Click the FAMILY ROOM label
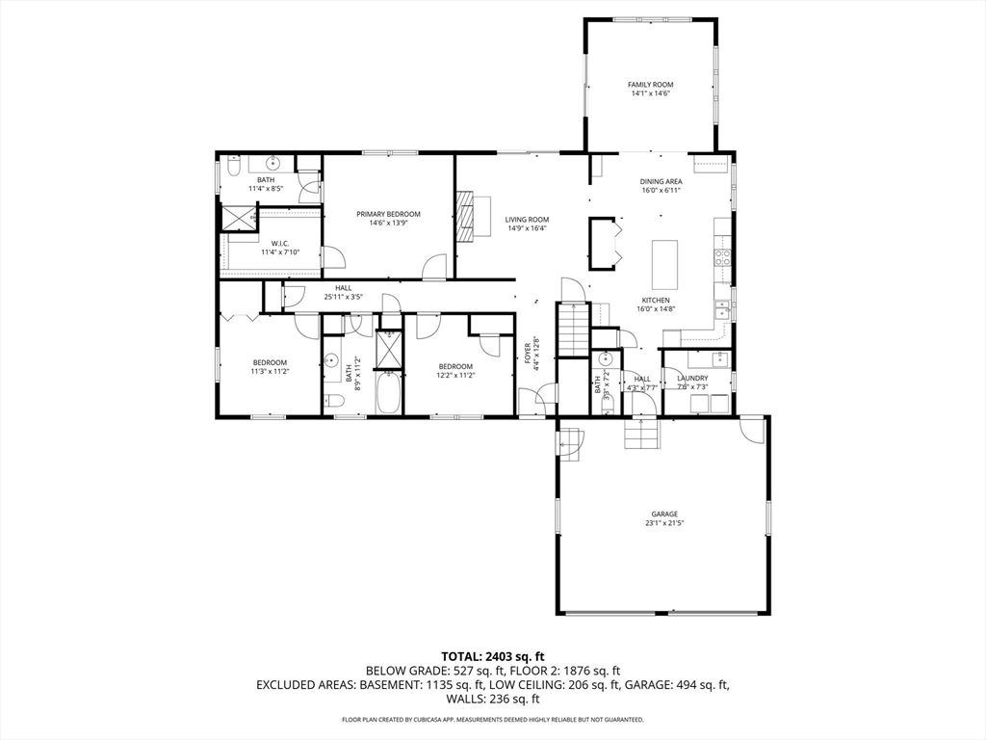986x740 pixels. click(x=650, y=85)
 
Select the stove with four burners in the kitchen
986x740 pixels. click(x=722, y=256)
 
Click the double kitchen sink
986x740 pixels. click(x=721, y=309)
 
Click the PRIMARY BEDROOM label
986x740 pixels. click(x=388, y=214)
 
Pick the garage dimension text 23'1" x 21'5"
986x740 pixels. click(x=664, y=523)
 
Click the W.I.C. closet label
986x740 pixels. click(x=280, y=243)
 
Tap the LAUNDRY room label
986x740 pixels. click(x=692, y=379)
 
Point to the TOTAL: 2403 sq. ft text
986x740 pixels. click(x=492, y=656)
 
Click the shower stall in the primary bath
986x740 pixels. click(x=238, y=219)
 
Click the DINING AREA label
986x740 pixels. click(x=662, y=181)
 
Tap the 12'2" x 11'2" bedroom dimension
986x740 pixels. click(x=455, y=376)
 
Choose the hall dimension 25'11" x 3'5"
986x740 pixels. click(x=343, y=297)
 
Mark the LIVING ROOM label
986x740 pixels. click(x=527, y=220)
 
